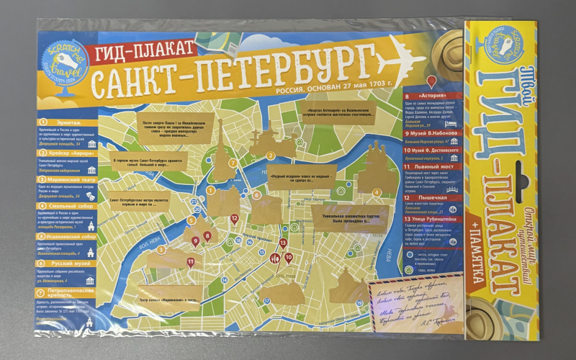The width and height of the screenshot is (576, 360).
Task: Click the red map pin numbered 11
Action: [191, 261]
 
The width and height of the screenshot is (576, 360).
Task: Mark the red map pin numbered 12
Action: [234, 218]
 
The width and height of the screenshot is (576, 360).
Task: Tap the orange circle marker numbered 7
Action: [233, 163]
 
